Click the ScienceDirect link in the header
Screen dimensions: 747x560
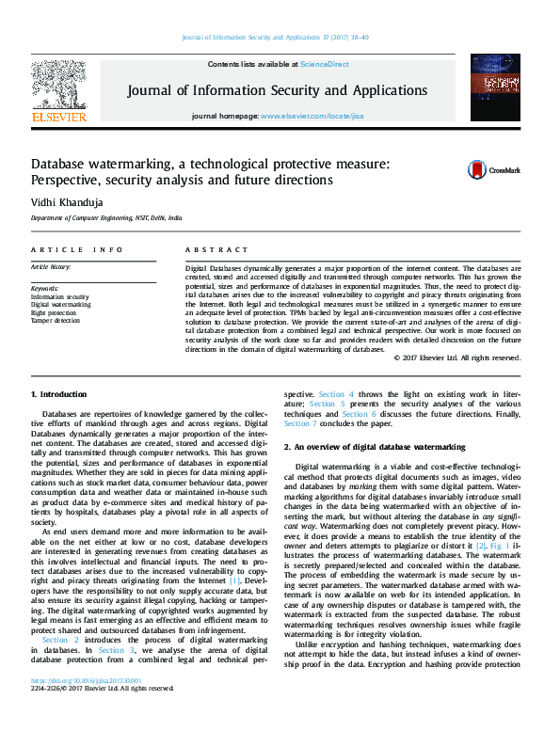(x=324, y=64)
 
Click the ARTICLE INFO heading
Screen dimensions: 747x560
(x=76, y=249)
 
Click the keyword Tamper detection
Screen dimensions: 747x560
(x=56, y=321)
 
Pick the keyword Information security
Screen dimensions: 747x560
(x=60, y=296)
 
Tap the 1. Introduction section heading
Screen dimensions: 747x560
(x=58, y=394)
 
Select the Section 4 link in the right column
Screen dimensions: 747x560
(x=336, y=394)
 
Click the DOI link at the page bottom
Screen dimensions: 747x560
(x=87, y=707)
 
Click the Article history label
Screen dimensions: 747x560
(x=54, y=267)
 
